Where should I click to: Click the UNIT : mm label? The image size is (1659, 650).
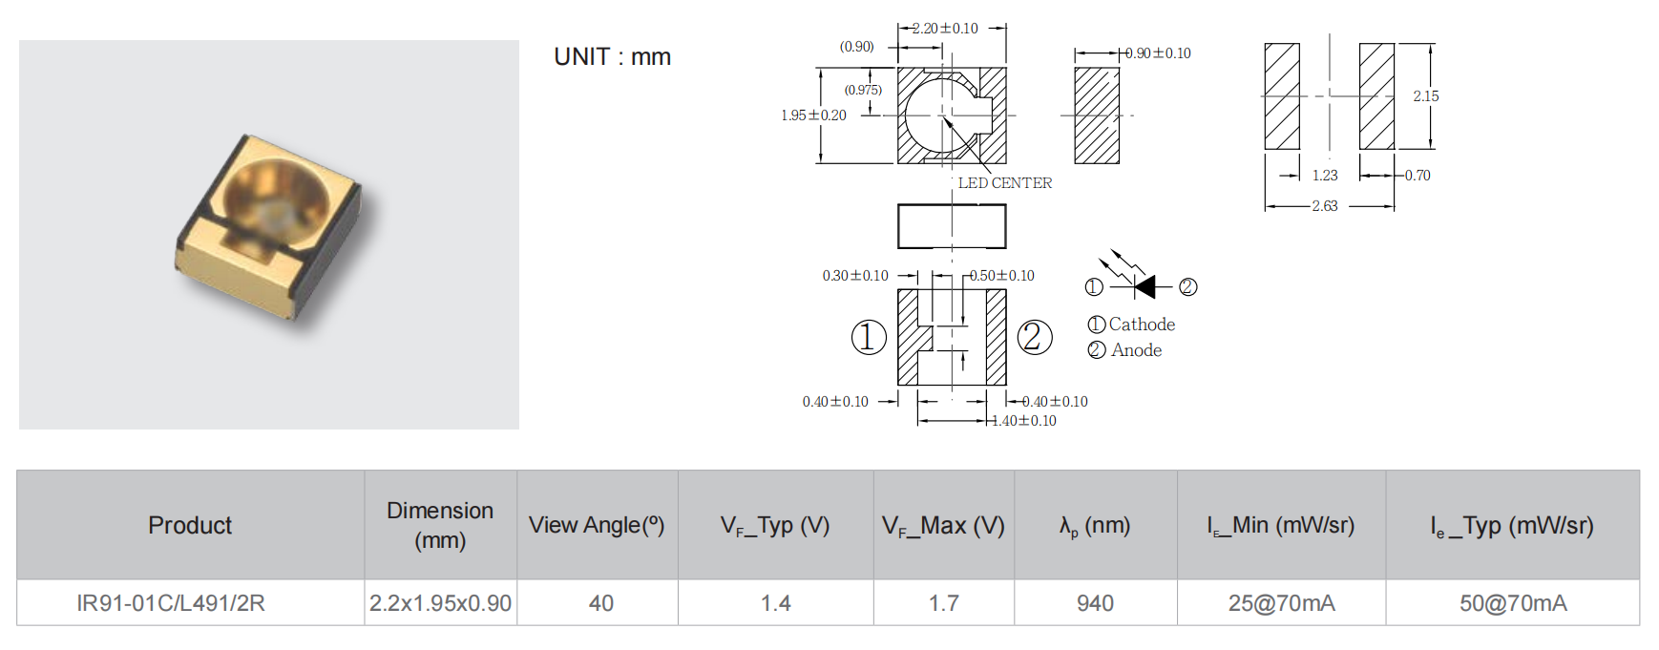(x=612, y=57)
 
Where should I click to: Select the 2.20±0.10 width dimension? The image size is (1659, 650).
(x=944, y=29)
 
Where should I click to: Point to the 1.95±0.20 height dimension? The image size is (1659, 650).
(x=813, y=115)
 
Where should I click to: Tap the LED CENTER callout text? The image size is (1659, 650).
(x=1004, y=183)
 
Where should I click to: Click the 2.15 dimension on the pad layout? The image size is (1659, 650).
(x=1425, y=96)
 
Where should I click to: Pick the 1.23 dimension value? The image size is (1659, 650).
(x=1324, y=176)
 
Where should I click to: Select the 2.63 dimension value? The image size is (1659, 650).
(x=1324, y=206)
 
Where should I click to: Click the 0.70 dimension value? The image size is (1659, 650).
(x=1417, y=176)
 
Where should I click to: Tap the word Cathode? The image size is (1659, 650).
(x=1142, y=325)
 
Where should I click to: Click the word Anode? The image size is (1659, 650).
(x=1136, y=350)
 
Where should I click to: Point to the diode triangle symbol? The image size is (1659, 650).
(x=1144, y=286)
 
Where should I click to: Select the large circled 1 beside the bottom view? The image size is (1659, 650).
(x=869, y=337)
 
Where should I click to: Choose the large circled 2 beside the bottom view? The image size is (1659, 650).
(x=1035, y=337)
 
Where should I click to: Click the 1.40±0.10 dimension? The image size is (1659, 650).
(x=1024, y=421)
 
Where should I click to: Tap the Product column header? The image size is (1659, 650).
(x=190, y=526)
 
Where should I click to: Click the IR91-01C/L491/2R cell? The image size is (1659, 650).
(x=171, y=603)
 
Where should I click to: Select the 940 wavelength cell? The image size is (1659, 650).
(x=1095, y=603)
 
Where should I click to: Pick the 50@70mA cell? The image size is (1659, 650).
(x=1512, y=603)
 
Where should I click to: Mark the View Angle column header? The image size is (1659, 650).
(x=597, y=526)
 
